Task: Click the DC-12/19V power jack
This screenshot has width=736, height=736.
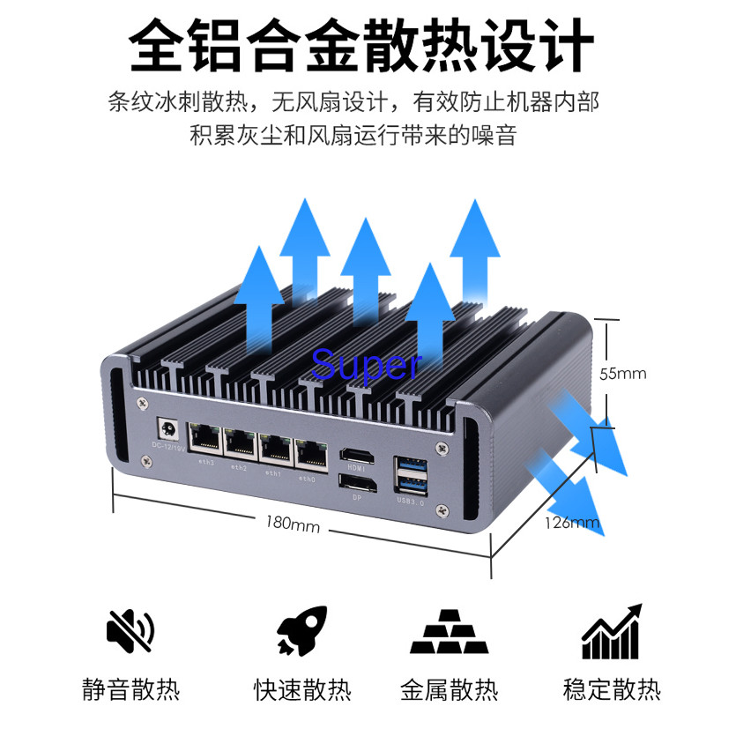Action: tap(167, 430)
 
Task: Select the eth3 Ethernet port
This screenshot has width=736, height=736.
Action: tap(206, 439)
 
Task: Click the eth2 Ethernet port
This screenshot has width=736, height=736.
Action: tap(240, 443)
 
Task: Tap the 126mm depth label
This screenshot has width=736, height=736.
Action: tap(573, 523)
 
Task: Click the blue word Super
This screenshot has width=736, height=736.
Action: tap(367, 363)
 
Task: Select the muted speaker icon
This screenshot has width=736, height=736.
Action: tap(130, 628)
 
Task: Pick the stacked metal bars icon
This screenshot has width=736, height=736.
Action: tap(449, 631)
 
